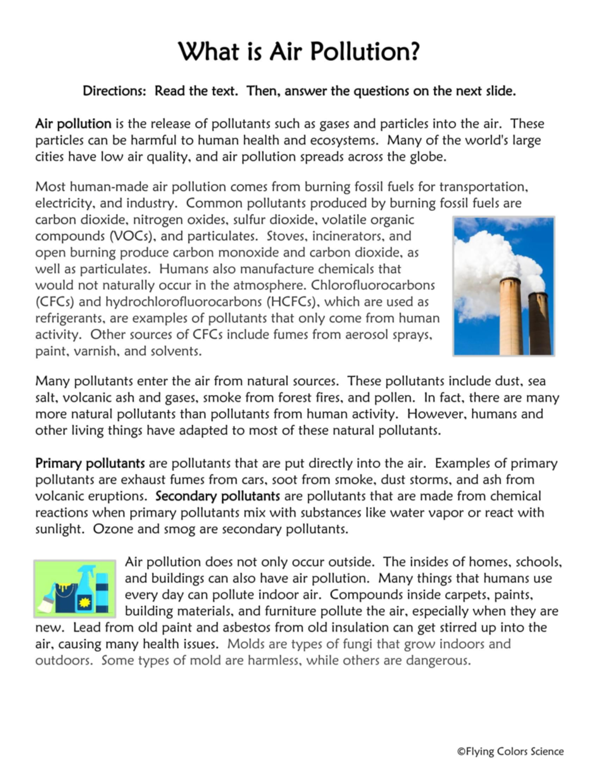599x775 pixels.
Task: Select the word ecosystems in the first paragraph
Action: (343, 140)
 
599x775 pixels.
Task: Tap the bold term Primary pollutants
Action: (90, 463)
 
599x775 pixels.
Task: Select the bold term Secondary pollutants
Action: (218, 496)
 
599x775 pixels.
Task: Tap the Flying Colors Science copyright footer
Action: (510, 752)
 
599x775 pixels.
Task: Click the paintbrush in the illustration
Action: (47, 599)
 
